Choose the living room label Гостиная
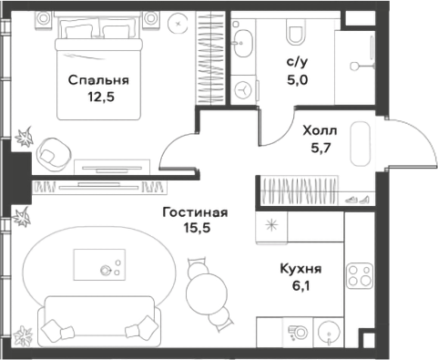click(195, 212)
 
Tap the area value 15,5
click(195, 230)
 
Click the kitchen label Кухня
click(300, 268)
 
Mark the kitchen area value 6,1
click(300, 285)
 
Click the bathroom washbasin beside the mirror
click(245, 41)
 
